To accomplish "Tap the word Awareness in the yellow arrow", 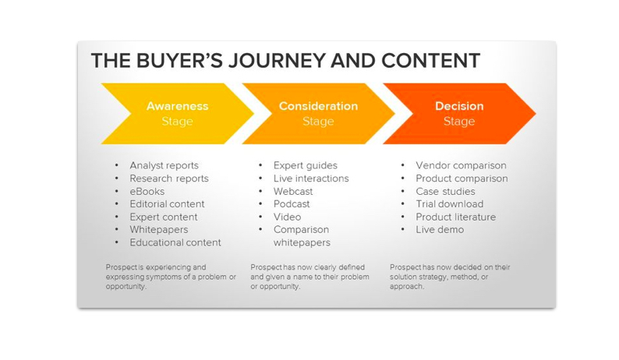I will [177, 106].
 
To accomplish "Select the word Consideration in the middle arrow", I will [318, 106].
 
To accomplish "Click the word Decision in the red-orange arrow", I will [459, 106].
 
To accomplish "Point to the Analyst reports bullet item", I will [164, 165].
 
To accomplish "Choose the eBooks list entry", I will [147, 191].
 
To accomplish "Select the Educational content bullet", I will [175, 242].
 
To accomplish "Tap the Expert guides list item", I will [305, 165].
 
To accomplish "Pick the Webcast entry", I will [293, 191].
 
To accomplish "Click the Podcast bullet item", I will [292, 204].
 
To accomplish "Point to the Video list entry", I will [287, 217].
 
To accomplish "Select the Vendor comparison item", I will [461, 165].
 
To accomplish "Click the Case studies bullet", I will [445, 191].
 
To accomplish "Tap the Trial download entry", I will [449, 204].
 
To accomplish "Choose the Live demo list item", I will [440, 230].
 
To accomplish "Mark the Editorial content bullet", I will [167, 204].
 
